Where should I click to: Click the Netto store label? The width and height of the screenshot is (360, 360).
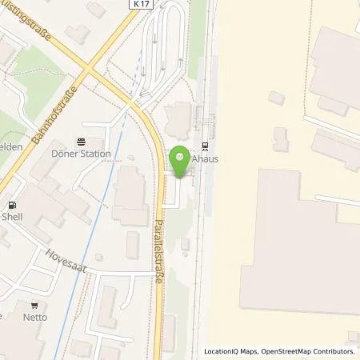point(34,317)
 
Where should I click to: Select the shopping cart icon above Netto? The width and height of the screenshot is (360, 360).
point(34,305)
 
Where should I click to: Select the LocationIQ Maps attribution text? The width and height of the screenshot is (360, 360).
point(230,351)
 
